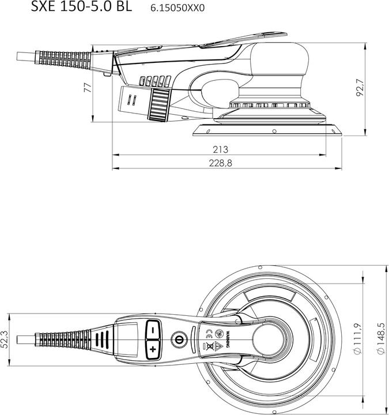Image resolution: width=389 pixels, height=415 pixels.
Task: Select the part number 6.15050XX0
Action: (177, 8)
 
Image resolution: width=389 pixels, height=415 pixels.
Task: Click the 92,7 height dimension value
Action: (361, 88)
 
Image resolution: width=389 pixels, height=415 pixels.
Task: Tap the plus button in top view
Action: (153, 349)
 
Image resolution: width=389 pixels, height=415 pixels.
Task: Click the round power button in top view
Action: (179, 339)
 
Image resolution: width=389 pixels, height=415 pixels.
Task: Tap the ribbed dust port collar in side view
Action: (159, 105)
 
